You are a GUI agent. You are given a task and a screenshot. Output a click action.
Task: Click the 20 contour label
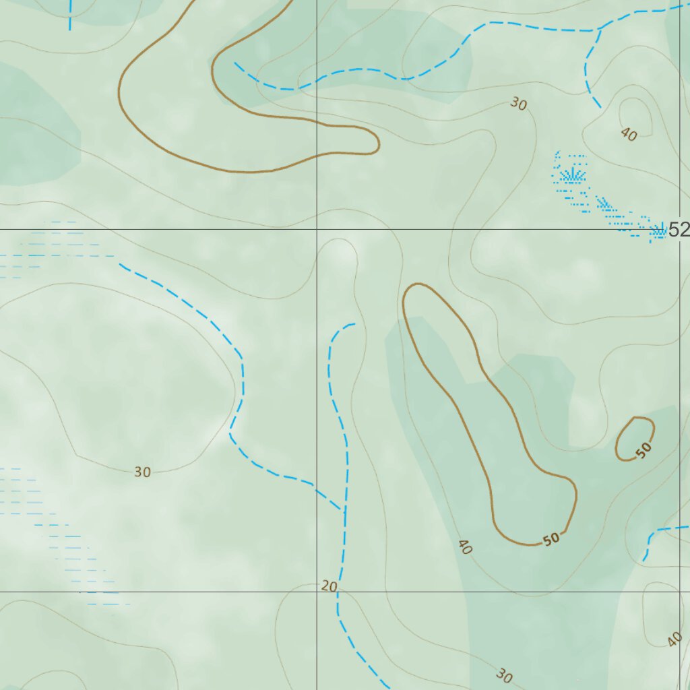click(329, 586)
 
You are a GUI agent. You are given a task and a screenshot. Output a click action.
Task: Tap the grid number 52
click(679, 230)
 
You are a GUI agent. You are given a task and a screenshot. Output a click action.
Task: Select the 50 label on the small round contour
click(644, 449)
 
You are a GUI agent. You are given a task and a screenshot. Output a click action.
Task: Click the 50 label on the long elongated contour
click(552, 539)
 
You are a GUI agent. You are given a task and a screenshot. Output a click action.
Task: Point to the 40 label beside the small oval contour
click(629, 135)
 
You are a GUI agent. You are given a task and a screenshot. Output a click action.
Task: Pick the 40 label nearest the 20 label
click(464, 547)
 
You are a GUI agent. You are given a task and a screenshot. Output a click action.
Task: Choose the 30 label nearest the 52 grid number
click(518, 104)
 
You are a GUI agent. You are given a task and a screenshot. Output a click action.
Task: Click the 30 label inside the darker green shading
click(503, 675)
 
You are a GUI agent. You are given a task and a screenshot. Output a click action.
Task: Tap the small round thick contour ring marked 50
click(635, 439)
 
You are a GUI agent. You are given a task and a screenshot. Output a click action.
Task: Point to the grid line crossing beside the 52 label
click(679, 230)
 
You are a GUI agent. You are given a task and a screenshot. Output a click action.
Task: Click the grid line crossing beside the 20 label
click(317, 592)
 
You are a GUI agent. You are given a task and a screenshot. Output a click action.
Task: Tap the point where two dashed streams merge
click(344, 511)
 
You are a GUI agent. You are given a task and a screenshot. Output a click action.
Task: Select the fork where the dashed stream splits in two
click(598, 30)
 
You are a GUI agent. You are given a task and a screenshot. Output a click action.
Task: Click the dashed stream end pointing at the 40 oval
click(600, 106)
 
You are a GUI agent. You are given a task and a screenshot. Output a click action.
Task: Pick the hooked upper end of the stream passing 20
click(353, 324)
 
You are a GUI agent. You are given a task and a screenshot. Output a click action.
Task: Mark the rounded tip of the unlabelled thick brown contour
click(375, 142)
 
